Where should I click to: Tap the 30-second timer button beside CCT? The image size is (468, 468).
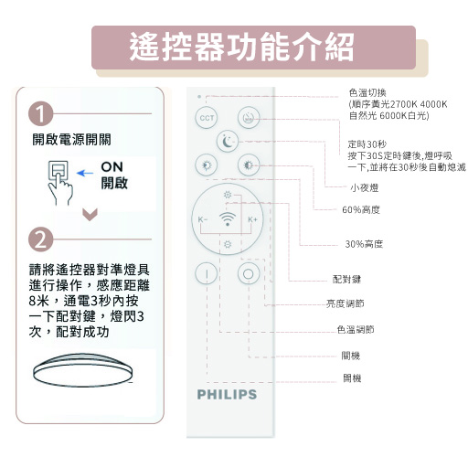(x=249, y=118)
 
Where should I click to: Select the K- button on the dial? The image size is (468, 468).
(x=202, y=220)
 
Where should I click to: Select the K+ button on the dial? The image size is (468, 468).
(x=252, y=220)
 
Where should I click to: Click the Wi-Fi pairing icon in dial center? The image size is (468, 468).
(x=227, y=220)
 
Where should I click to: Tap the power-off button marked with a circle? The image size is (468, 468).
(x=249, y=272)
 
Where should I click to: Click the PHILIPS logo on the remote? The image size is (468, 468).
(x=227, y=395)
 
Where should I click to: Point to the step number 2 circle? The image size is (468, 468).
(x=40, y=239)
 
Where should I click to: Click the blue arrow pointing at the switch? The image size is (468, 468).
(x=85, y=171)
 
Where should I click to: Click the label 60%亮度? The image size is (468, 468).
(x=360, y=210)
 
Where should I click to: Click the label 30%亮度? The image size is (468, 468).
(x=363, y=244)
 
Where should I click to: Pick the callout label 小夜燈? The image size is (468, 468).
(x=364, y=186)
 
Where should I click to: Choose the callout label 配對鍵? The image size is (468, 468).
(x=346, y=279)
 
